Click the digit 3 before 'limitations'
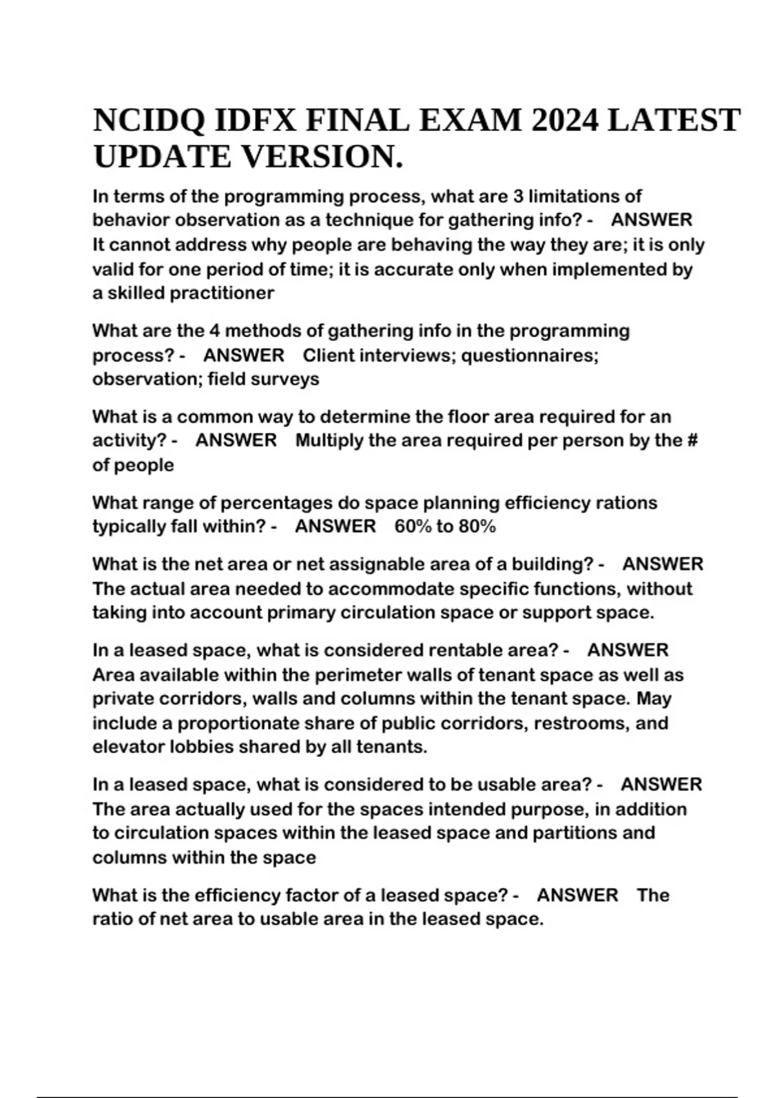(x=518, y=196)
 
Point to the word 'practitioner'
(x=222, y=293)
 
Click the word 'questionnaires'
(x=530, y=355)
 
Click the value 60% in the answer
(x=413, y=526)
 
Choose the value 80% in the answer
(x=477, y=526)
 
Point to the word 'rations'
(x=621, y=502)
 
